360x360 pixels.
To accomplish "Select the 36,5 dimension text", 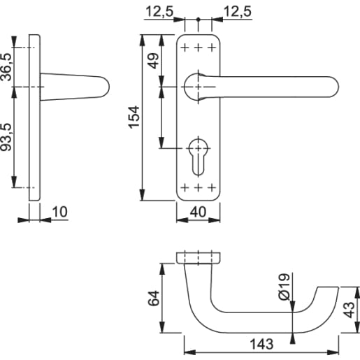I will [x=7, y=67].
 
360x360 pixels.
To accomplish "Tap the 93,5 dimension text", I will [x=7, y=138].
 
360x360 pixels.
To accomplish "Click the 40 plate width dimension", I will [x=198, y=212].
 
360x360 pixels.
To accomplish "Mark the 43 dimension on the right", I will [x=350, y=309].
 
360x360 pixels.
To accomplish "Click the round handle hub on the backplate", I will [x=198, y=86].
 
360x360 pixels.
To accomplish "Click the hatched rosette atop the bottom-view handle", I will [x=198, y=257].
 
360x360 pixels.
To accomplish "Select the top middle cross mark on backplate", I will [x=198, y=47].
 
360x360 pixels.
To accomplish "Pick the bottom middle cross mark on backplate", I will [x=198, y=187].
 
